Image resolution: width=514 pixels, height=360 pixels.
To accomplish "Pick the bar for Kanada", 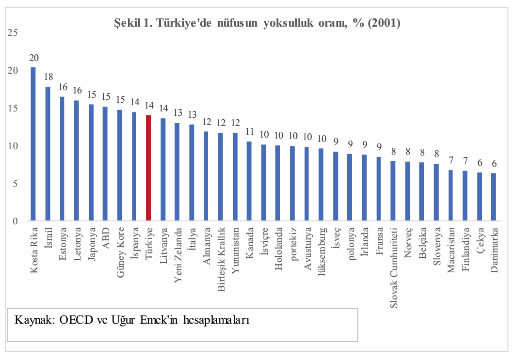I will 249,181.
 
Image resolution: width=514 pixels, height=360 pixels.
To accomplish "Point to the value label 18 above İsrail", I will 48,77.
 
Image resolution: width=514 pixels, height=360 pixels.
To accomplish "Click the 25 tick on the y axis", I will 13,33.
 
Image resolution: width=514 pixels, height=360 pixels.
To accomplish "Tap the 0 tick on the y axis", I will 16,221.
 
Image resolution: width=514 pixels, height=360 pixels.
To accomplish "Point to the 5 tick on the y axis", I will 16,184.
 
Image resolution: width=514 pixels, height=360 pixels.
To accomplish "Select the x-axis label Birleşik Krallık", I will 221,259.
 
